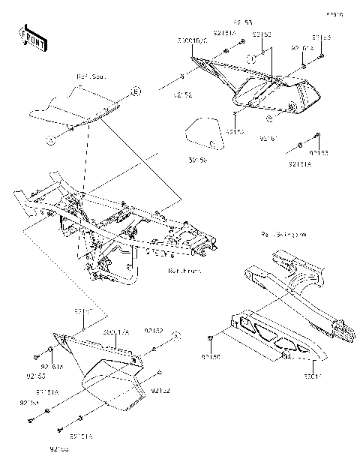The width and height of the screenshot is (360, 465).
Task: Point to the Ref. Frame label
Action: pos(183,272)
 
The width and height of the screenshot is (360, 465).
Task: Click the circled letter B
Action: pos(136,91)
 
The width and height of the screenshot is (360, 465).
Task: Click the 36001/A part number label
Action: pos(116,331)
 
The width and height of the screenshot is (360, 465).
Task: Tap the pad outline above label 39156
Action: pos(202,133)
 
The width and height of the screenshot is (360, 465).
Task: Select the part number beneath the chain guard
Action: pos(311,378)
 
